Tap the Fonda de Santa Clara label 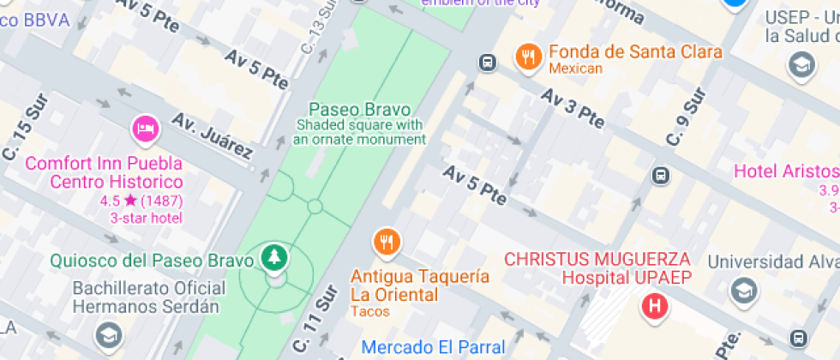635,51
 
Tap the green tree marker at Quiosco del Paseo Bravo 275,256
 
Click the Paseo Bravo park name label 359,110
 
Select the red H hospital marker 656,305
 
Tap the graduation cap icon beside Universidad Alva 743,291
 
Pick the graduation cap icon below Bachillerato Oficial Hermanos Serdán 108,335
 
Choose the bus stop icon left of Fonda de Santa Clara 487,62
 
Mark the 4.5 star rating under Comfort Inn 129,201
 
